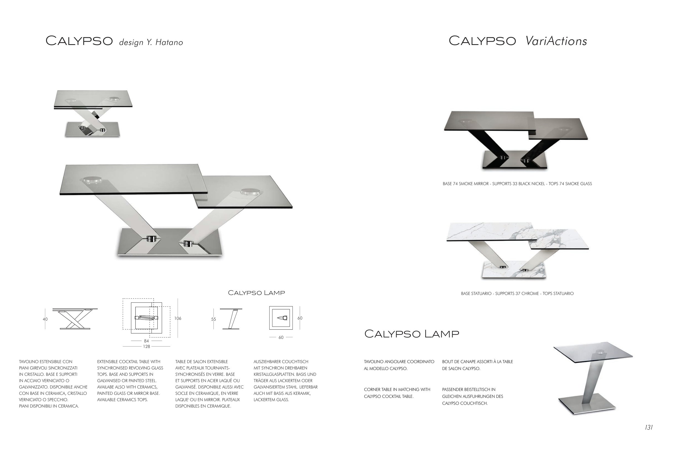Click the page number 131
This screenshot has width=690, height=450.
pyautogui.click(x=649, y=427)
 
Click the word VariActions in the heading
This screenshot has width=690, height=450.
pyautogui.click(x=556, y=41)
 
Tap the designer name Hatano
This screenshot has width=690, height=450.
pyautogui.click(x=169, y=42)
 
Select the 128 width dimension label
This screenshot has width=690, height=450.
pyautogui.click(x=146, y=347)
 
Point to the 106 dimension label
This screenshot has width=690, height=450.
pyautogui.click(x=178, y=318)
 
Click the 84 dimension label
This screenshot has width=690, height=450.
pyautogui.click(x=146, y=341)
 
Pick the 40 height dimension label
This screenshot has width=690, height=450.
pyautogui.click(x=45, y=319)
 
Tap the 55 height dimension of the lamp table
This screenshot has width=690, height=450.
pyautogui.click(x=213, y=319)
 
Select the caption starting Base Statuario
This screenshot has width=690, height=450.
pyautogui.click(x=517, y=294)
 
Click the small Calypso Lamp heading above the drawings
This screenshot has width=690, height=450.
pyautogui.click(x=256, y=293)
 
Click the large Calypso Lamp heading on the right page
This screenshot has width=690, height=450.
pyautogui.click(x=412, y=334)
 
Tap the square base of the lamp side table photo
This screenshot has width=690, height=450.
pyautogui.click(x=587, y=404)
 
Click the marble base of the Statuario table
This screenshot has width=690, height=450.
pyautogui.click(x=514, y=270)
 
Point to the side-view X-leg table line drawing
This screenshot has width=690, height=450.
pyautogui.click(x=75, y=319)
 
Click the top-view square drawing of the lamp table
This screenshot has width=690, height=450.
pyautogui.click(x=281, y=318)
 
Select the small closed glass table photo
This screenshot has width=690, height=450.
pyautogui.click(x=93, y=113)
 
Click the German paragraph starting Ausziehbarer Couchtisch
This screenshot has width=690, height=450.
pyautogui.click(x=286, y=381)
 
